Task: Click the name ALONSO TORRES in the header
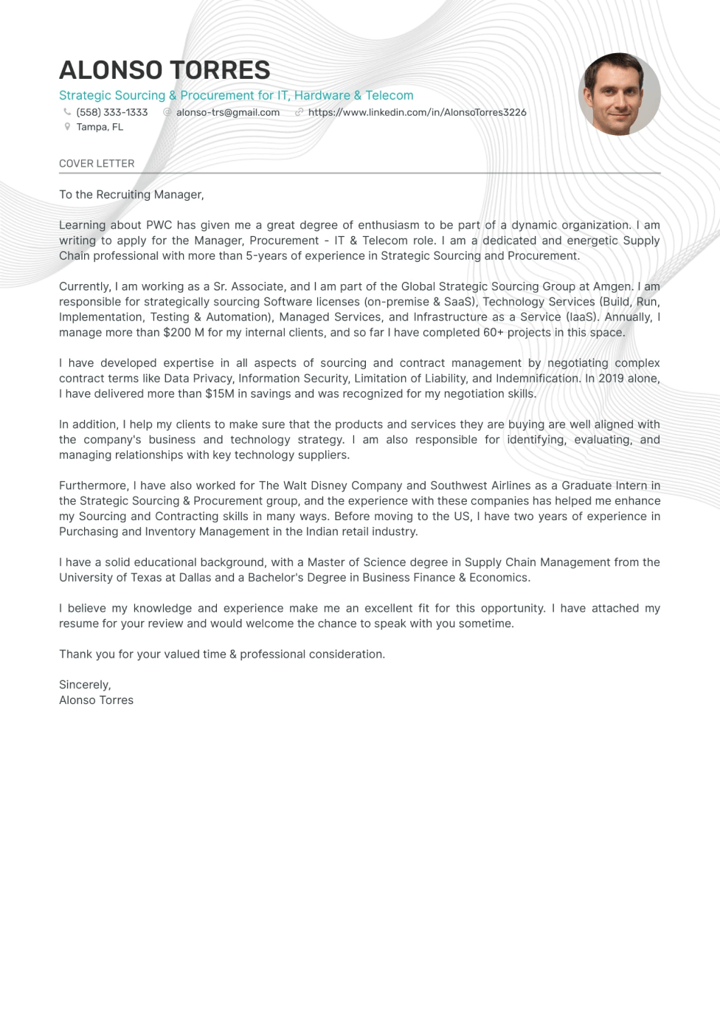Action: click(165, 70)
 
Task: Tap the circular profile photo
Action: click(619, 94)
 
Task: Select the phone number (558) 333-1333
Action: click(112, 112)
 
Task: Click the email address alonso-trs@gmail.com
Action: click(228, 112)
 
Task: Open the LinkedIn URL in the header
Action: click(417, 112)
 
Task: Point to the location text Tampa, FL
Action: click(100, 127)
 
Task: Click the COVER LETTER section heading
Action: click(97, 163)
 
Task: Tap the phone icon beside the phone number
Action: click(67, 112)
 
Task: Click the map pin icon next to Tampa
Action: click(67, 127)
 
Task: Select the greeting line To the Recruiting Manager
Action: click(131, 195)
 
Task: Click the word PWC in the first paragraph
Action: click(159, 225)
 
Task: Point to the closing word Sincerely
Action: click(85, 685)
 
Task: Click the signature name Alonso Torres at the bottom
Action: click(96, 700)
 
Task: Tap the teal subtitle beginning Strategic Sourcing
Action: click(236, 95)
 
